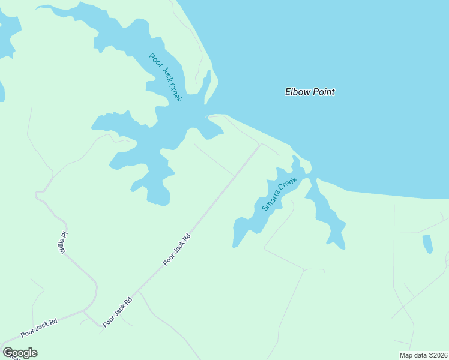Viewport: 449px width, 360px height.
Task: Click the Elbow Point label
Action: click(309, 92)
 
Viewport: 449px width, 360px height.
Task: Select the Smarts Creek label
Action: click(280, 194)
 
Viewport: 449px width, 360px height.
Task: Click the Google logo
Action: click(20, 353)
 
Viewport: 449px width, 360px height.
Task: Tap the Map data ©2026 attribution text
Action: click(423, 355)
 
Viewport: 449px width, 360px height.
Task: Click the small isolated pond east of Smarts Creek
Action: click(427, 244)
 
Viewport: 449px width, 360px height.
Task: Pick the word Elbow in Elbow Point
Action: click(297, 92)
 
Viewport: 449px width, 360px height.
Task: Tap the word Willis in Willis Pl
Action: click(62, 245)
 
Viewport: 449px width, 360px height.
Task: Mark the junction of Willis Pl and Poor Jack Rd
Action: click(85, 311)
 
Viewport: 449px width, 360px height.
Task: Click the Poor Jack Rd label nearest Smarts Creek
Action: click(177, 250)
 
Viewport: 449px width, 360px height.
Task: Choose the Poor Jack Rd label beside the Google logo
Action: click(38, 327)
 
